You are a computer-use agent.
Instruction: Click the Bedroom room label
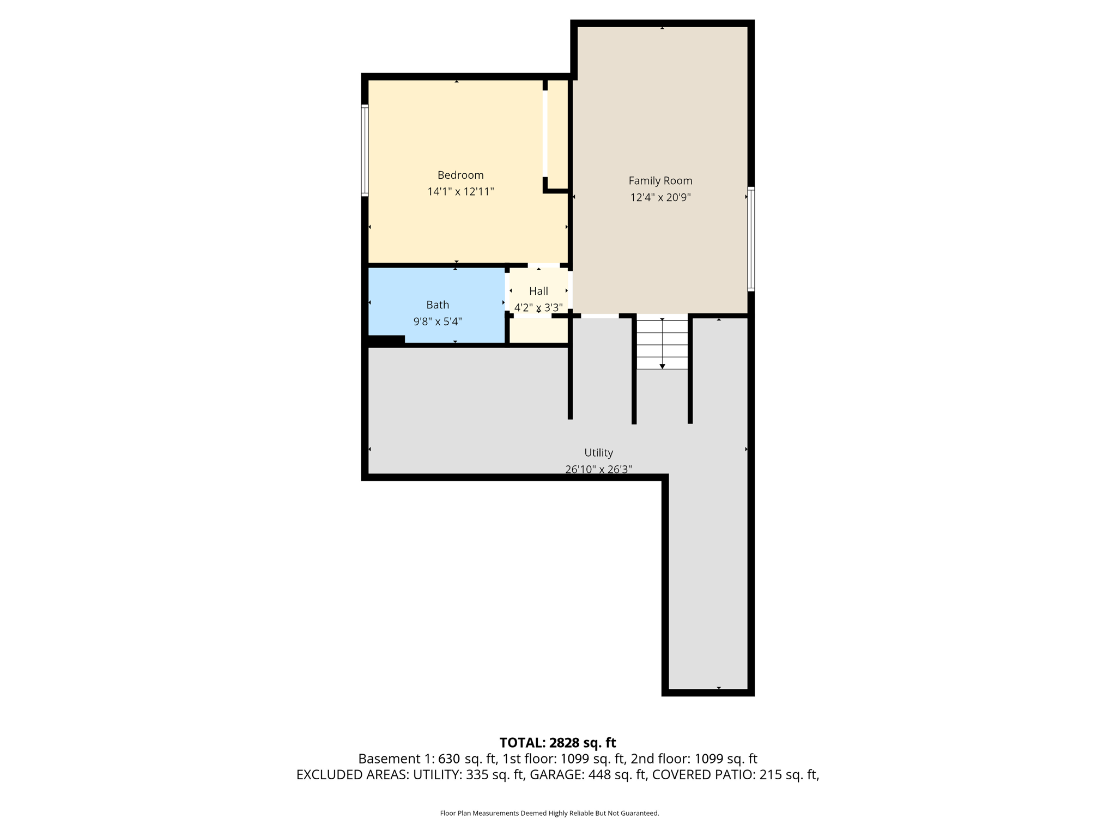[x=460, y=175]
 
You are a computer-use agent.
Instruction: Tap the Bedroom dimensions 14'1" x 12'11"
[x=460, y=192]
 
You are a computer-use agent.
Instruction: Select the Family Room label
[x=660, y=180]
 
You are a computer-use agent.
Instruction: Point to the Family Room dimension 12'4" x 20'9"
[x=660, y=197]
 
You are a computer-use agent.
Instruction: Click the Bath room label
[x=438, y=305]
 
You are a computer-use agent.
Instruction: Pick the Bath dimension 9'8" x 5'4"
[x=438, y=322]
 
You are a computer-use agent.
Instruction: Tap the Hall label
[x=538, y=291]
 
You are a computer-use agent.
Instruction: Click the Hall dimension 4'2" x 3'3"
[x=538, y=307]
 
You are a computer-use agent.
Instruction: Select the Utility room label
[x=598, y=452]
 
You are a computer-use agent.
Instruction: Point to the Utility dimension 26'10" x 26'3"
[x=598, y=469]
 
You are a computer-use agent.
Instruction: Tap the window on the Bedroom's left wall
[x=365, y=150]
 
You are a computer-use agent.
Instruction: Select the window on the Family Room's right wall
[x=751, y=239]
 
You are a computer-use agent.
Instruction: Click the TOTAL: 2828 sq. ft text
[x=557, y=743]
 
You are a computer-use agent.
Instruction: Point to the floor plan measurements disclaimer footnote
[x=549, y=813]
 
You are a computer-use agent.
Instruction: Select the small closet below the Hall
[x=538, y=331]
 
